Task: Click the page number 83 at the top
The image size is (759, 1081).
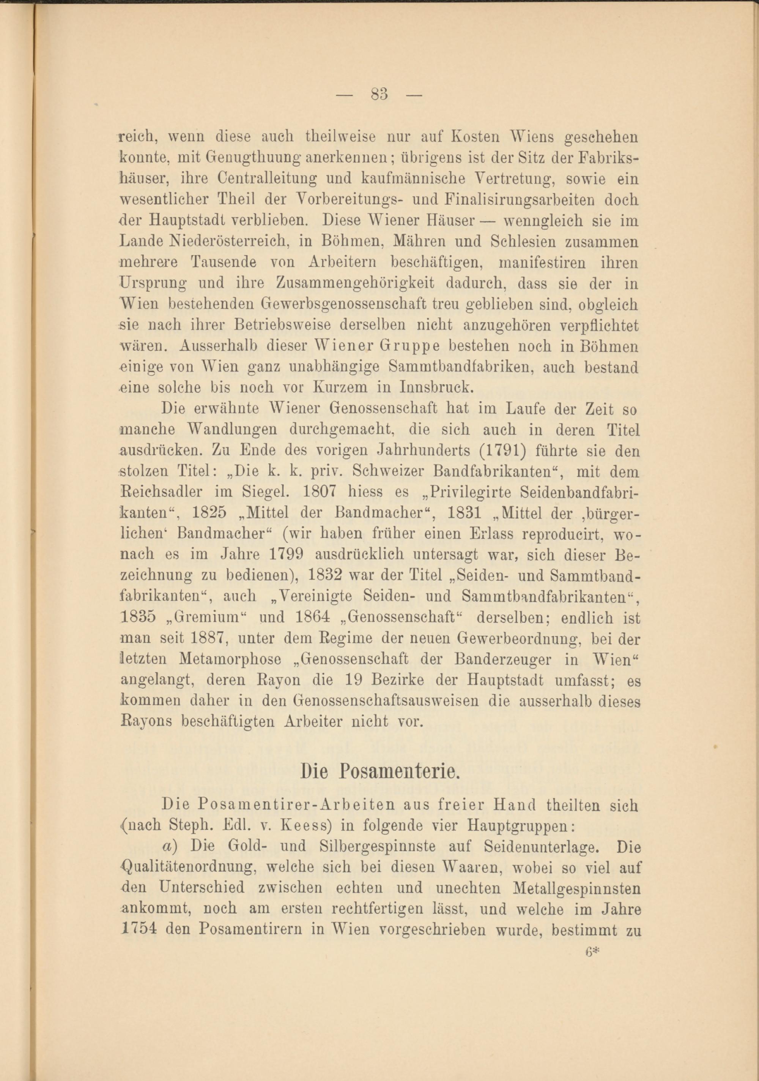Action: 379,95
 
